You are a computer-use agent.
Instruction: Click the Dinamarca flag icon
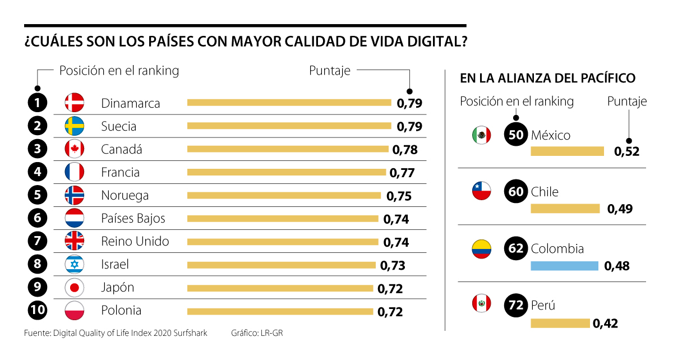[x=74, y=103]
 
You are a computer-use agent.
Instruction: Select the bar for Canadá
[x=287, y=149]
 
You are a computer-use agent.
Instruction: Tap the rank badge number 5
[x=37, y=195]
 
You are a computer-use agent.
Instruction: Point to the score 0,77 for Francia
[x=401, y=173]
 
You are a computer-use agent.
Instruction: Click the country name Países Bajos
[x=133, y=218]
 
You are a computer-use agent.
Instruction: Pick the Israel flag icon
[x=74, y=264]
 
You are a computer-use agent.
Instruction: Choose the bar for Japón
[x=280, y=288]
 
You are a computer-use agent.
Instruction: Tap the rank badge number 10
[x=37, y=310]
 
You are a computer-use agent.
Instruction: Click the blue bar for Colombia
[x=564, y=266]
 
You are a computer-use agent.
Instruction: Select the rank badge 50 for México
[x=516, y=135]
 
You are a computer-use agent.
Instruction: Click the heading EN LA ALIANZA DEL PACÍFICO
[x=547, y=79]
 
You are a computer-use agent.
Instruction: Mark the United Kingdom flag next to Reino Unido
[x=74, y=241]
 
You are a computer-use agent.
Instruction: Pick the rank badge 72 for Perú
[x=516, y=305]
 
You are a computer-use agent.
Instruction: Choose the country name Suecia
[x=118, y=126]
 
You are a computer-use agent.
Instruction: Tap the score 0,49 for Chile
[x=620, y=209]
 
